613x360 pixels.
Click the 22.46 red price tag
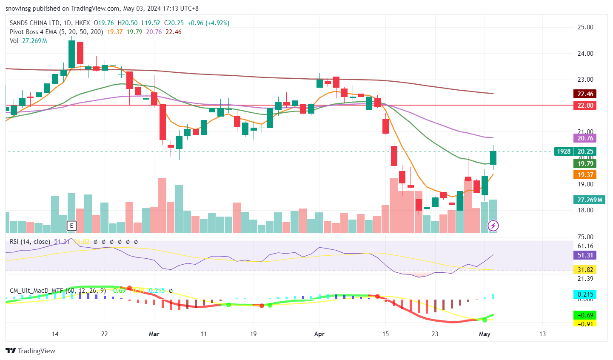pyautogui.click(x=585, y=94)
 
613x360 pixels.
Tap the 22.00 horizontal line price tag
pyautogui.click(x=585, y=106)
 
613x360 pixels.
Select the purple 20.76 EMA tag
pyautogui.click(x=585, y=138)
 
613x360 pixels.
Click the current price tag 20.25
pyautogui.click(x=585, y=151)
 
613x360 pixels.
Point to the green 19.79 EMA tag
pyautogui.click(x=585, y=163)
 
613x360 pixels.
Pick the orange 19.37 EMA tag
pyautogui.click(x=585, y=175)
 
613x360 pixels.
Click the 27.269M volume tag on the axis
pyautogui.click(x=590, y=200)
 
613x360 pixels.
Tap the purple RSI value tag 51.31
pyautogui.click(x=585, y=255)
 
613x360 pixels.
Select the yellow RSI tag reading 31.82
pyautogui.click(x=585, y=270)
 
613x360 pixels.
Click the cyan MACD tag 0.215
pyautogui.click(x=585, y=294)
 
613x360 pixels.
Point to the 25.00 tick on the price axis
pyautogui.click(x=585, y=27)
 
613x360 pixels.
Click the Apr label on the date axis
pyautogui.click(x=319, y=334)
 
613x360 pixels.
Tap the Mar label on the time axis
pyautogui.click(x=154, y=334)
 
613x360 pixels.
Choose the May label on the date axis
pyautogui.click(x=485, y=334)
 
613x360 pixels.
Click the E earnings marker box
pyautogui.click(x=71, y=226)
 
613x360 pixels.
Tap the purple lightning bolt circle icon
pyautogui.click(x=493, y=226)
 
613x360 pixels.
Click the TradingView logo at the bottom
pyautogui.click(x=31, y=351)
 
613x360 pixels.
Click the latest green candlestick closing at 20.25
pyautogui.click(x=493, y=158)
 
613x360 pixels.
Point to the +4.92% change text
pyautogui.click(x=217, y=23)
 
